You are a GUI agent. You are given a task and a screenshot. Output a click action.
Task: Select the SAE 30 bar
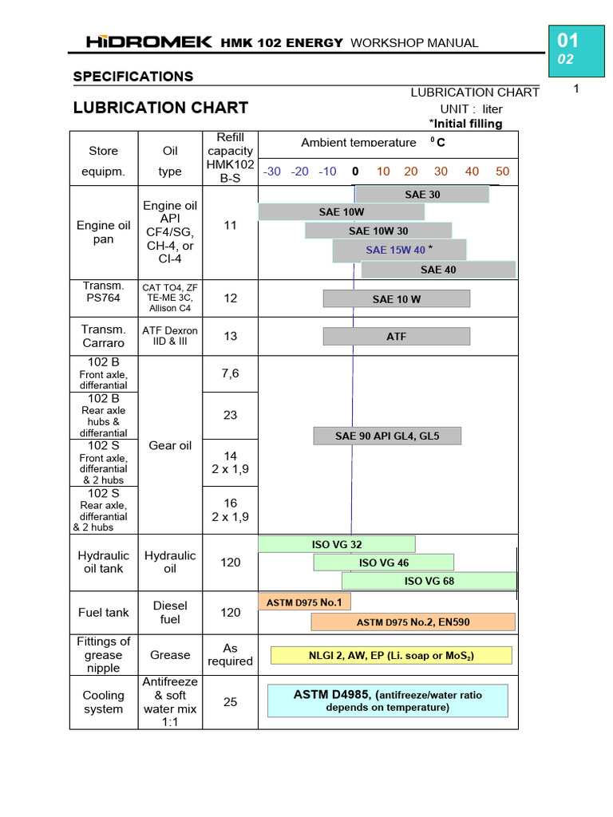421,194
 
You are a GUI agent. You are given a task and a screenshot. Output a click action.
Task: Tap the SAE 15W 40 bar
399,251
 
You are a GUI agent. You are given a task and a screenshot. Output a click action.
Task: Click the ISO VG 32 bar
336,544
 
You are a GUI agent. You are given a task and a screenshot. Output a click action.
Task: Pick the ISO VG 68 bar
429,581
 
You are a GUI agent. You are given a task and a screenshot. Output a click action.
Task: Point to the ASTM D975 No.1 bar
304,602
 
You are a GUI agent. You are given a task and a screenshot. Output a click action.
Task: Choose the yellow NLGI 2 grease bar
390,655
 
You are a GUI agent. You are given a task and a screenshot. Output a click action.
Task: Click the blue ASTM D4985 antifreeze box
387,701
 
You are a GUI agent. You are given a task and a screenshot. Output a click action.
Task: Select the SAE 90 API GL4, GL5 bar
387,436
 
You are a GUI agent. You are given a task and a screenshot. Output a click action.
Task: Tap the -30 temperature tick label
272,172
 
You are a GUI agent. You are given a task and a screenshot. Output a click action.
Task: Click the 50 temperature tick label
502,172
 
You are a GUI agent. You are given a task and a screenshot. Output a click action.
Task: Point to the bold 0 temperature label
355,172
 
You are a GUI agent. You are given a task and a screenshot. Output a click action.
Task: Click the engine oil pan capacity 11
231,226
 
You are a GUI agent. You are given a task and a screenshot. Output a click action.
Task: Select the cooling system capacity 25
231,702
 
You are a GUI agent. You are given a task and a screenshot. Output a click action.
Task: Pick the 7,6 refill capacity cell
231,373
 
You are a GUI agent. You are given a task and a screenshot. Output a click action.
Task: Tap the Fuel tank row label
104,613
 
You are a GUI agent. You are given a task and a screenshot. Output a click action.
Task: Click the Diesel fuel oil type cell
170,613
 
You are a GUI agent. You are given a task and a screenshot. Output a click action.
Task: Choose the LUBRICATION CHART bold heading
160,107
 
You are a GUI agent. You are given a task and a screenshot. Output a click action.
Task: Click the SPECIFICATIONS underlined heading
133,77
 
